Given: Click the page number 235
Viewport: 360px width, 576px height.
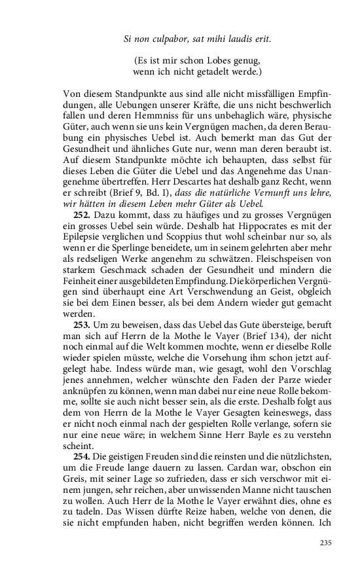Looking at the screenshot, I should pyautogui.click(x=326, y=543).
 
